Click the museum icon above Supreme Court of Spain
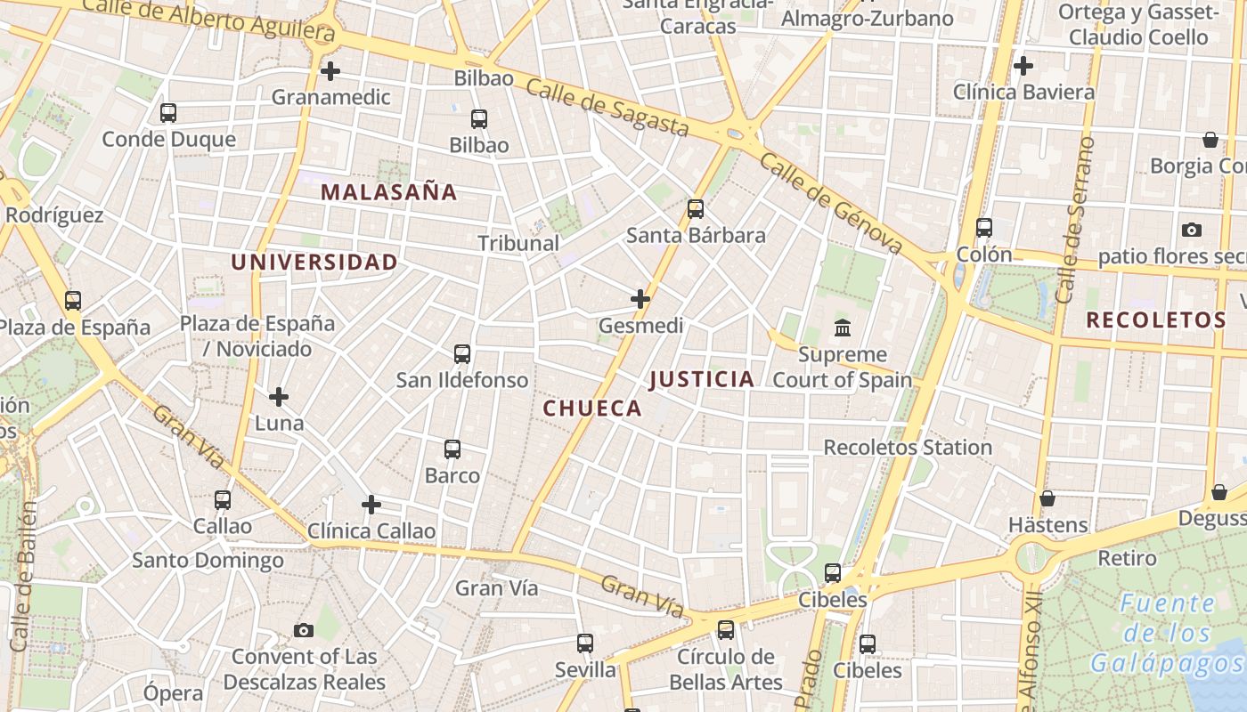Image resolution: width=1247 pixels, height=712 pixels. [x=843, y=328]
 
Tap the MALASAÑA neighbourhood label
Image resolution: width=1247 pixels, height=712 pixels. [x=388, y=191]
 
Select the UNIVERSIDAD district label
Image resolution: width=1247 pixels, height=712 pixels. [x=314, y=262]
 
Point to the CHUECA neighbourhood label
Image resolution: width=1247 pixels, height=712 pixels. [x=592, y=409]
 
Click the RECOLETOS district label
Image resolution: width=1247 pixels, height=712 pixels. [x=1156, y=320]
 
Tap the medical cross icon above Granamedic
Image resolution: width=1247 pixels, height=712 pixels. [x=330, y=70]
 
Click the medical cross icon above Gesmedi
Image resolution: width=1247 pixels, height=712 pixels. [x=640, y=299]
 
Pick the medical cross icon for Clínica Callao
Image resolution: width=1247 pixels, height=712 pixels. [x=371, y=506]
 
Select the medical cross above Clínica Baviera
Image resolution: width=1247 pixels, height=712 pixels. [x=1023, y=65]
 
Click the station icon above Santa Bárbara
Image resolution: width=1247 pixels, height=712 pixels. [x=696, y=209]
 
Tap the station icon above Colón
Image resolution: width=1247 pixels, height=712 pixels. [x=984, y=228]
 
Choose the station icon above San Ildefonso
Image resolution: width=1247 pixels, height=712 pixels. [x=462, y=354]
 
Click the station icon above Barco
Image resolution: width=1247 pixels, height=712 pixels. [x=452, y=449]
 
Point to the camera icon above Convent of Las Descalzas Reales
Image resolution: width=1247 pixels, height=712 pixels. [x=304, y=631]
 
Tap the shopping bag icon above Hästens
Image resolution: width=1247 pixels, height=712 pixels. [x=1047, y=498]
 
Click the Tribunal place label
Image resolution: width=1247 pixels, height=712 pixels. [x=518, y=243]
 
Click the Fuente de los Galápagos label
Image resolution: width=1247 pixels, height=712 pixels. [x=1167, y=634]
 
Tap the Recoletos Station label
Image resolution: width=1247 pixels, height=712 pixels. [x=908, y=448]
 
